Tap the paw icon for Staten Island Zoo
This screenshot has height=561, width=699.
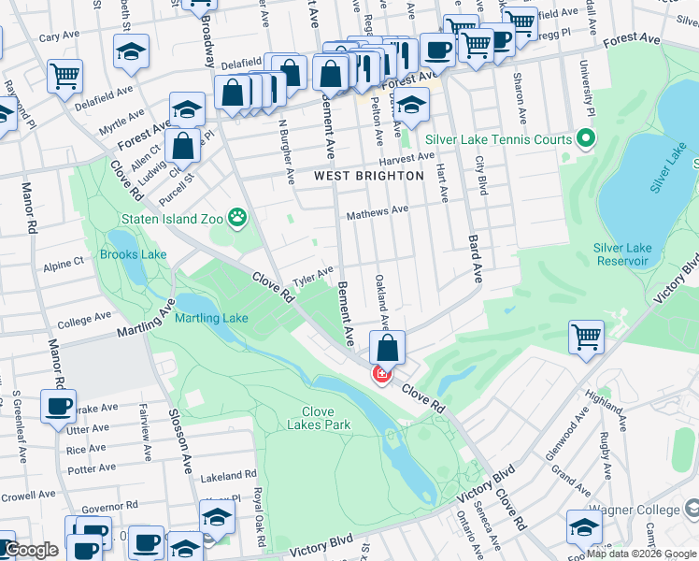pyautogui.click(x=240, y=220)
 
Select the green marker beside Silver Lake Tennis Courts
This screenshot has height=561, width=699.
pyautogui.click(x=586, y=140)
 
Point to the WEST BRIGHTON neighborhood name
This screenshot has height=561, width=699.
pyautogui.click(x=368, y=176)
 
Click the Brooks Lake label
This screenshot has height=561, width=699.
pyautogui.click(x=133, y=254)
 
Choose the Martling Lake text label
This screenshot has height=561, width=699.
pyautogui.click(x=211, y=318)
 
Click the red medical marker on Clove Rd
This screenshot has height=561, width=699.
pyautogui.click(x=381, y=375)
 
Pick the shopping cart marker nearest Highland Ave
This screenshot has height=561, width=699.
pyautogui.click(x=587, y=337)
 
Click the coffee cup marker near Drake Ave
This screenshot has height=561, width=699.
pyautogui.click(x=59, y=408)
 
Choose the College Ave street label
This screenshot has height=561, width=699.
pyautogui.click(x=87, y=323)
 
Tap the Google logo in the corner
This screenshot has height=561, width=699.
pyautogui.click(x=31, y=549)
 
